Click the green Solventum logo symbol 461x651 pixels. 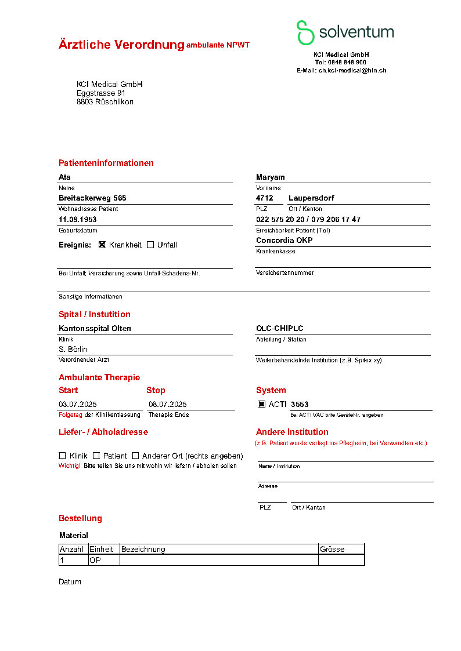coord(305,32)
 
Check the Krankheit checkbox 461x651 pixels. coord(102,245)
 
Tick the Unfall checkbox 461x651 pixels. coord(151,245)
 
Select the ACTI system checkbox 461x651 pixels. coord(262,404)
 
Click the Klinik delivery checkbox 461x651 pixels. coord(62,456)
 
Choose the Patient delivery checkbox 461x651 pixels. coord(96,456)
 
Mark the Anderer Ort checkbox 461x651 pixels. coord(135,456)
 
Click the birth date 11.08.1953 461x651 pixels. coord(77,220)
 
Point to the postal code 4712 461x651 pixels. coord(264,198)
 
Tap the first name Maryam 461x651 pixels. coord(270,177)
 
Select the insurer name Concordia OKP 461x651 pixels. coord(284,241)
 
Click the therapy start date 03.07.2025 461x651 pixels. coord(78,404)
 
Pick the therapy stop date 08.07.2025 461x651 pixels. coord(167,404)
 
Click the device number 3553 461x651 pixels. coord(300,404)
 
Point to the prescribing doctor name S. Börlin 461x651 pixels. coord(73,349)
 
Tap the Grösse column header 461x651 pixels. coord(332,549)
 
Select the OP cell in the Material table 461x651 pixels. coord(95,561)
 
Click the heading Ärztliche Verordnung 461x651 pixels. coord(121,45)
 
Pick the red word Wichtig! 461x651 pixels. coord(70,466)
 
